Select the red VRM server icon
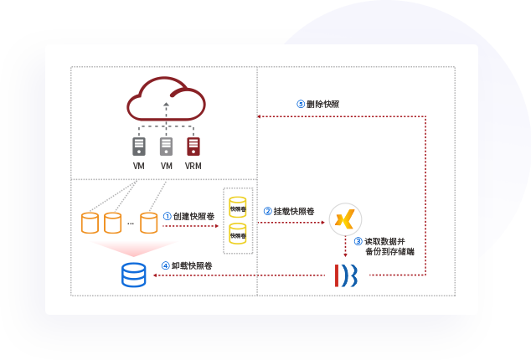[x=193, y=146]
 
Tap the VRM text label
[x=193, y=166]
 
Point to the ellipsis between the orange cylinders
[x=131, y=224]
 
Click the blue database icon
[x=133, y=274]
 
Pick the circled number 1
[x=168, y=216]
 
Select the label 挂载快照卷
[x=294, y=211]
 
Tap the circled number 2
[x=267, y=211]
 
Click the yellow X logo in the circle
[x=344, y=219]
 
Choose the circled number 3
[x=358, y=241]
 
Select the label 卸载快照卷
[x=192, y=266]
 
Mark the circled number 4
[x=166, y=266]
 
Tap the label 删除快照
[x=323, y=105]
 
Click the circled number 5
[x=301, y=105]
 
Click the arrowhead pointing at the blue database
[x=152, y=275]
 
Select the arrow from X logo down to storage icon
[x=345, y=247]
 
